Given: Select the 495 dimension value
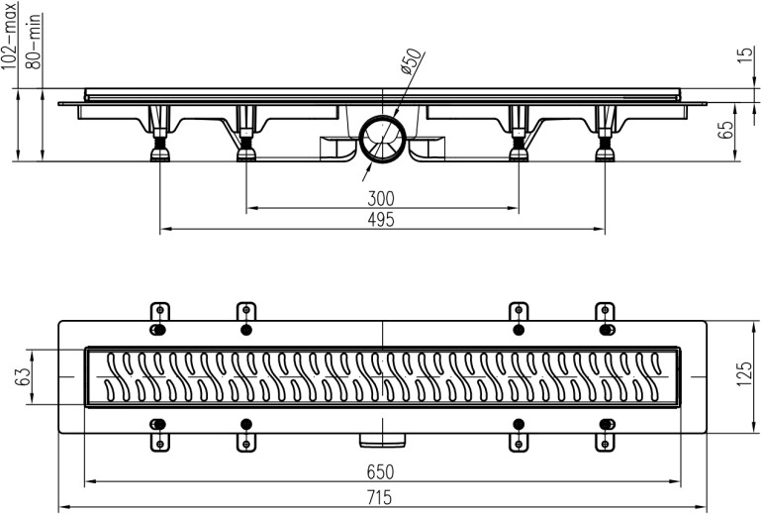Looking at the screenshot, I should [381, 220].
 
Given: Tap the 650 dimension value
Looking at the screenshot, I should [381, 473].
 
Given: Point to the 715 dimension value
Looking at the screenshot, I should [381, 496].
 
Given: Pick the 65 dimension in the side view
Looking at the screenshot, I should [726, 129].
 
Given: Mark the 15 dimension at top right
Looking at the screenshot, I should [748, 55].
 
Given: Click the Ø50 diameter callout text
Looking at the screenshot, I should [410, 62].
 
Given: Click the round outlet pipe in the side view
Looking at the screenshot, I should [381, 138].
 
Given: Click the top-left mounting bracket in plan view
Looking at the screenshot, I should [158, 316].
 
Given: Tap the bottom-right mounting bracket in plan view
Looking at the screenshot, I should [605, 437].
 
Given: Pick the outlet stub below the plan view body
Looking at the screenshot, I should [381, 438].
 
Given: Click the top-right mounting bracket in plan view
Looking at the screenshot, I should [605, 316].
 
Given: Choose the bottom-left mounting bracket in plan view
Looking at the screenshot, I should [158, 437].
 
